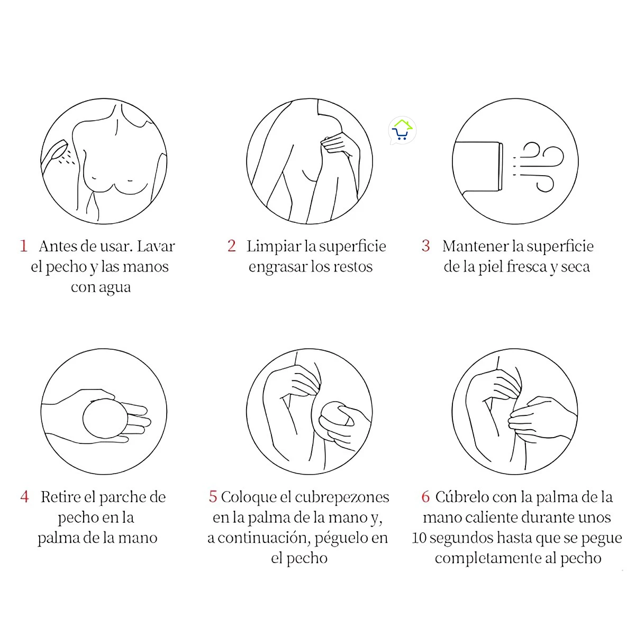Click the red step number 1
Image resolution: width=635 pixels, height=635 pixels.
pos(23,246)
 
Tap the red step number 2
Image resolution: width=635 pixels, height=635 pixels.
pos(231,246)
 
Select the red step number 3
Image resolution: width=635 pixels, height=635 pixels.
pos(426,246)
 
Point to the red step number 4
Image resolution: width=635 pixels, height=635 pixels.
pos(24,497)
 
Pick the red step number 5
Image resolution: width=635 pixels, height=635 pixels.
pos(213,497)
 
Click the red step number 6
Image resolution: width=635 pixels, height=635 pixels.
pos(425,497)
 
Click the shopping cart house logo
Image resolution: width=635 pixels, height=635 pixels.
pos(402,131)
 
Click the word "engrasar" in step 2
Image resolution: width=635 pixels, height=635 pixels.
pos(278,267)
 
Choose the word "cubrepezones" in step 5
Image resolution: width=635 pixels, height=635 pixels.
pos(341,497)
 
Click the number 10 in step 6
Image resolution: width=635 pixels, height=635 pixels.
pos(419,538)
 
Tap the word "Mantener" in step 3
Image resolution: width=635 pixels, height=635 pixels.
pos(475,246)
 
